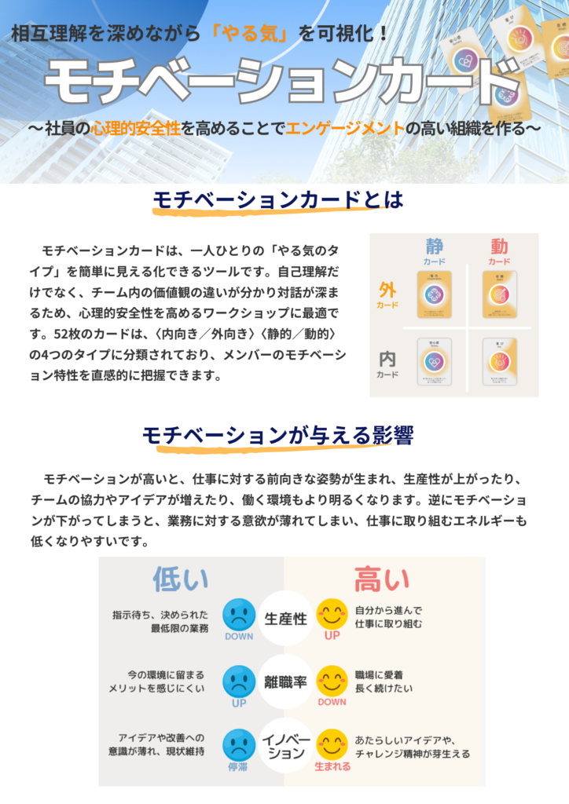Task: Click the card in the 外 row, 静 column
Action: point(434,294)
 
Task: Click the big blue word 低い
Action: point(181,579)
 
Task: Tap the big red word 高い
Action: point(382,579)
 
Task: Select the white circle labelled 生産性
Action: point(285,617)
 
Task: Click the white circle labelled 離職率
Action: point(285,682)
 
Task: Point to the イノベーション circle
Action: point(285,747)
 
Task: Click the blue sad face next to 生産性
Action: point(239,613)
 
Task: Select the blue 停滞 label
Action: point(239,766)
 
